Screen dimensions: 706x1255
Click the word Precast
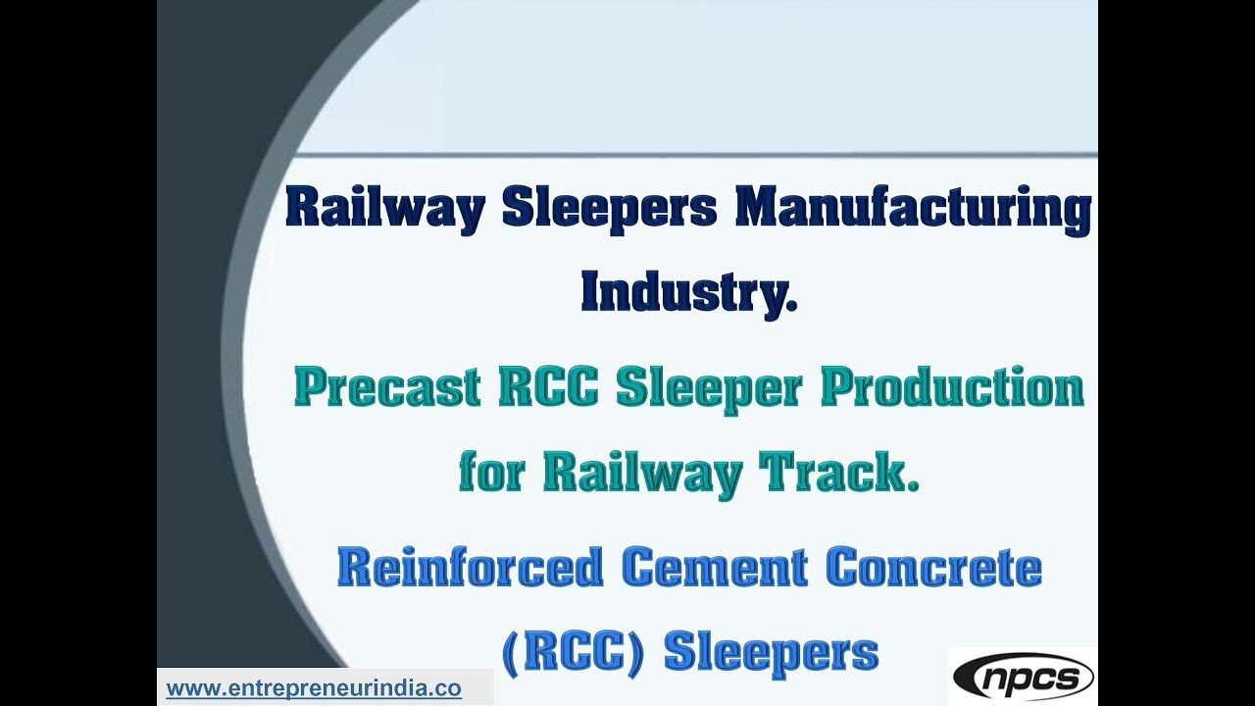pyautogui.click(x=382, y=389)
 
